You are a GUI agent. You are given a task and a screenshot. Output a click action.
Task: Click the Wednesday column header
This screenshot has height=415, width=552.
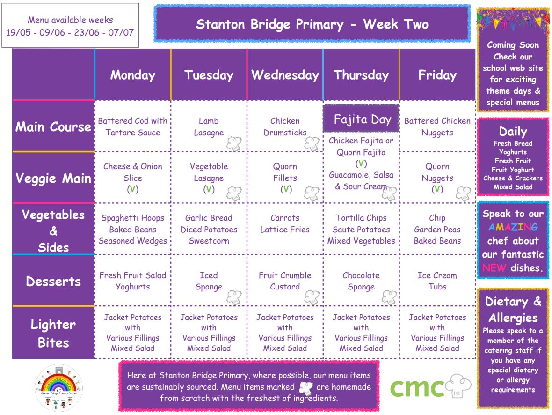[285, 75]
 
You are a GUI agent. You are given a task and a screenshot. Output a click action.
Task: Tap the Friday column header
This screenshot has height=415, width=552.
[437, 75]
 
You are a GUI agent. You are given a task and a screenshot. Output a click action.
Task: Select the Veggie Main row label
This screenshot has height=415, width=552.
[53, 178]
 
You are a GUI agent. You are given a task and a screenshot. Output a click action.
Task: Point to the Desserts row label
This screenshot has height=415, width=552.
[53, 282]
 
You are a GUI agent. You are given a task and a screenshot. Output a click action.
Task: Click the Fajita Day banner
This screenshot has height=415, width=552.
[361, 119]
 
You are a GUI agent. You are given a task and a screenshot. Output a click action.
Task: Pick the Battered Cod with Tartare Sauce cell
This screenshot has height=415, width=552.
[133, 126]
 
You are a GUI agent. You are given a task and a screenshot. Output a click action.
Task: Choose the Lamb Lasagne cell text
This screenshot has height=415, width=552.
[209, 126]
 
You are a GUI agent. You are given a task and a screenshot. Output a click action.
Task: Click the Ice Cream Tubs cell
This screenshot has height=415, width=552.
[437, 281]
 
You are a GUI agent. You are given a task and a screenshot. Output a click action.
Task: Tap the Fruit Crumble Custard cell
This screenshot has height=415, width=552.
[285, 281]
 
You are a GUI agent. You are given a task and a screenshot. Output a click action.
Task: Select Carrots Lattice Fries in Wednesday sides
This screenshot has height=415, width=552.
[285, 223]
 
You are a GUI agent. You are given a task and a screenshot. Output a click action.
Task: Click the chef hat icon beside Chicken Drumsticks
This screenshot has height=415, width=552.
[312, 144]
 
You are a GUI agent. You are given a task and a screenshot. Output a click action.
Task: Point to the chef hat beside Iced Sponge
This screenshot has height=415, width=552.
[234, 297]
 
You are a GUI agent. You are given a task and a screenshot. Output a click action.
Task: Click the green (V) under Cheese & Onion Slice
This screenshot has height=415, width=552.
[133, 189]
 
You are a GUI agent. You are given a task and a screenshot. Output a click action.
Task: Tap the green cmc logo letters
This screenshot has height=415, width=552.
[417, 388]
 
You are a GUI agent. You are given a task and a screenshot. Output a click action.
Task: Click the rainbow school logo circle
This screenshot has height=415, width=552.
[59, 388]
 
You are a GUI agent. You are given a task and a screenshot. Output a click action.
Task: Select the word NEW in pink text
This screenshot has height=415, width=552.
[494, 268]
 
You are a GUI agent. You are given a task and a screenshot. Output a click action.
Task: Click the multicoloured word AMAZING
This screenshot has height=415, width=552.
[513, 227]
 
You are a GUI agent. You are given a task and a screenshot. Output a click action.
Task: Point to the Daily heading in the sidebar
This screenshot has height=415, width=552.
[513, 132]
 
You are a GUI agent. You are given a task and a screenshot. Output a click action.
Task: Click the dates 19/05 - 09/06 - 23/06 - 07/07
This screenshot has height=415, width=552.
[70, 32]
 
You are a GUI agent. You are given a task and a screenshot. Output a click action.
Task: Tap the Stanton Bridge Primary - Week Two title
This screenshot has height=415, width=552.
[312, 24]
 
